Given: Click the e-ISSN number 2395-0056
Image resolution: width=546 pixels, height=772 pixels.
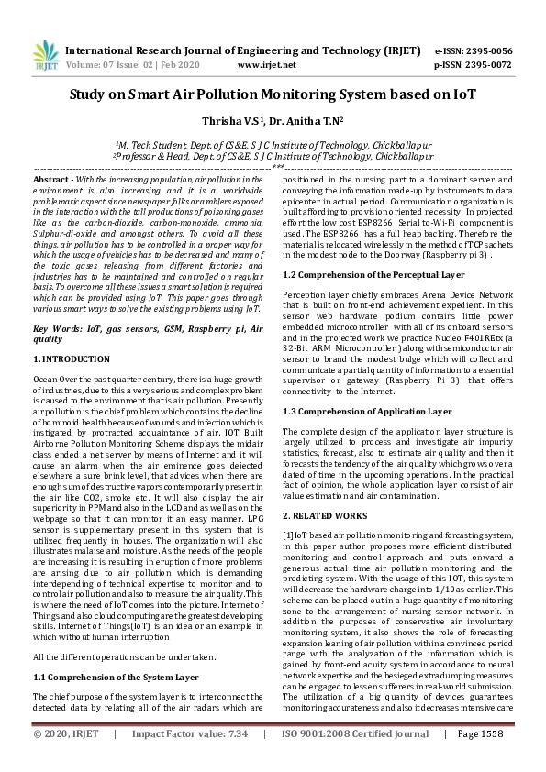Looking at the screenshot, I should (489, 51).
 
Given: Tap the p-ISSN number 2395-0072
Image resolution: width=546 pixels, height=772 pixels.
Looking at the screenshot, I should (489, 65).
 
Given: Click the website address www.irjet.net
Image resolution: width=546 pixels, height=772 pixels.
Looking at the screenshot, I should (267, 65).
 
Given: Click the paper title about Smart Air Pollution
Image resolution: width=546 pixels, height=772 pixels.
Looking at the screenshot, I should (273, 94).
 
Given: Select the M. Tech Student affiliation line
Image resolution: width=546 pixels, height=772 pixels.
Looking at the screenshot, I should (273, 145).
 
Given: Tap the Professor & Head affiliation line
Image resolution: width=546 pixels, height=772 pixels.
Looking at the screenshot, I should (273, 157).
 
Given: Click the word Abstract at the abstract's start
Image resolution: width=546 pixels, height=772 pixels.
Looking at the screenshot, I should (51, 181).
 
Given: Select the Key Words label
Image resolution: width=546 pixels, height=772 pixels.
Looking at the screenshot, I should (56, 327).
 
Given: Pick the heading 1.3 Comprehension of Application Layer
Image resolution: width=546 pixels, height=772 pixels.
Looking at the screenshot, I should (367, 412).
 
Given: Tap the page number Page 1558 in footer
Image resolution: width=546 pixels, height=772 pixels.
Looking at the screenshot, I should (480, 760).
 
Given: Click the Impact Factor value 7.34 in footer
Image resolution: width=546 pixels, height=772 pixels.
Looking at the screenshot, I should (237, 760).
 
